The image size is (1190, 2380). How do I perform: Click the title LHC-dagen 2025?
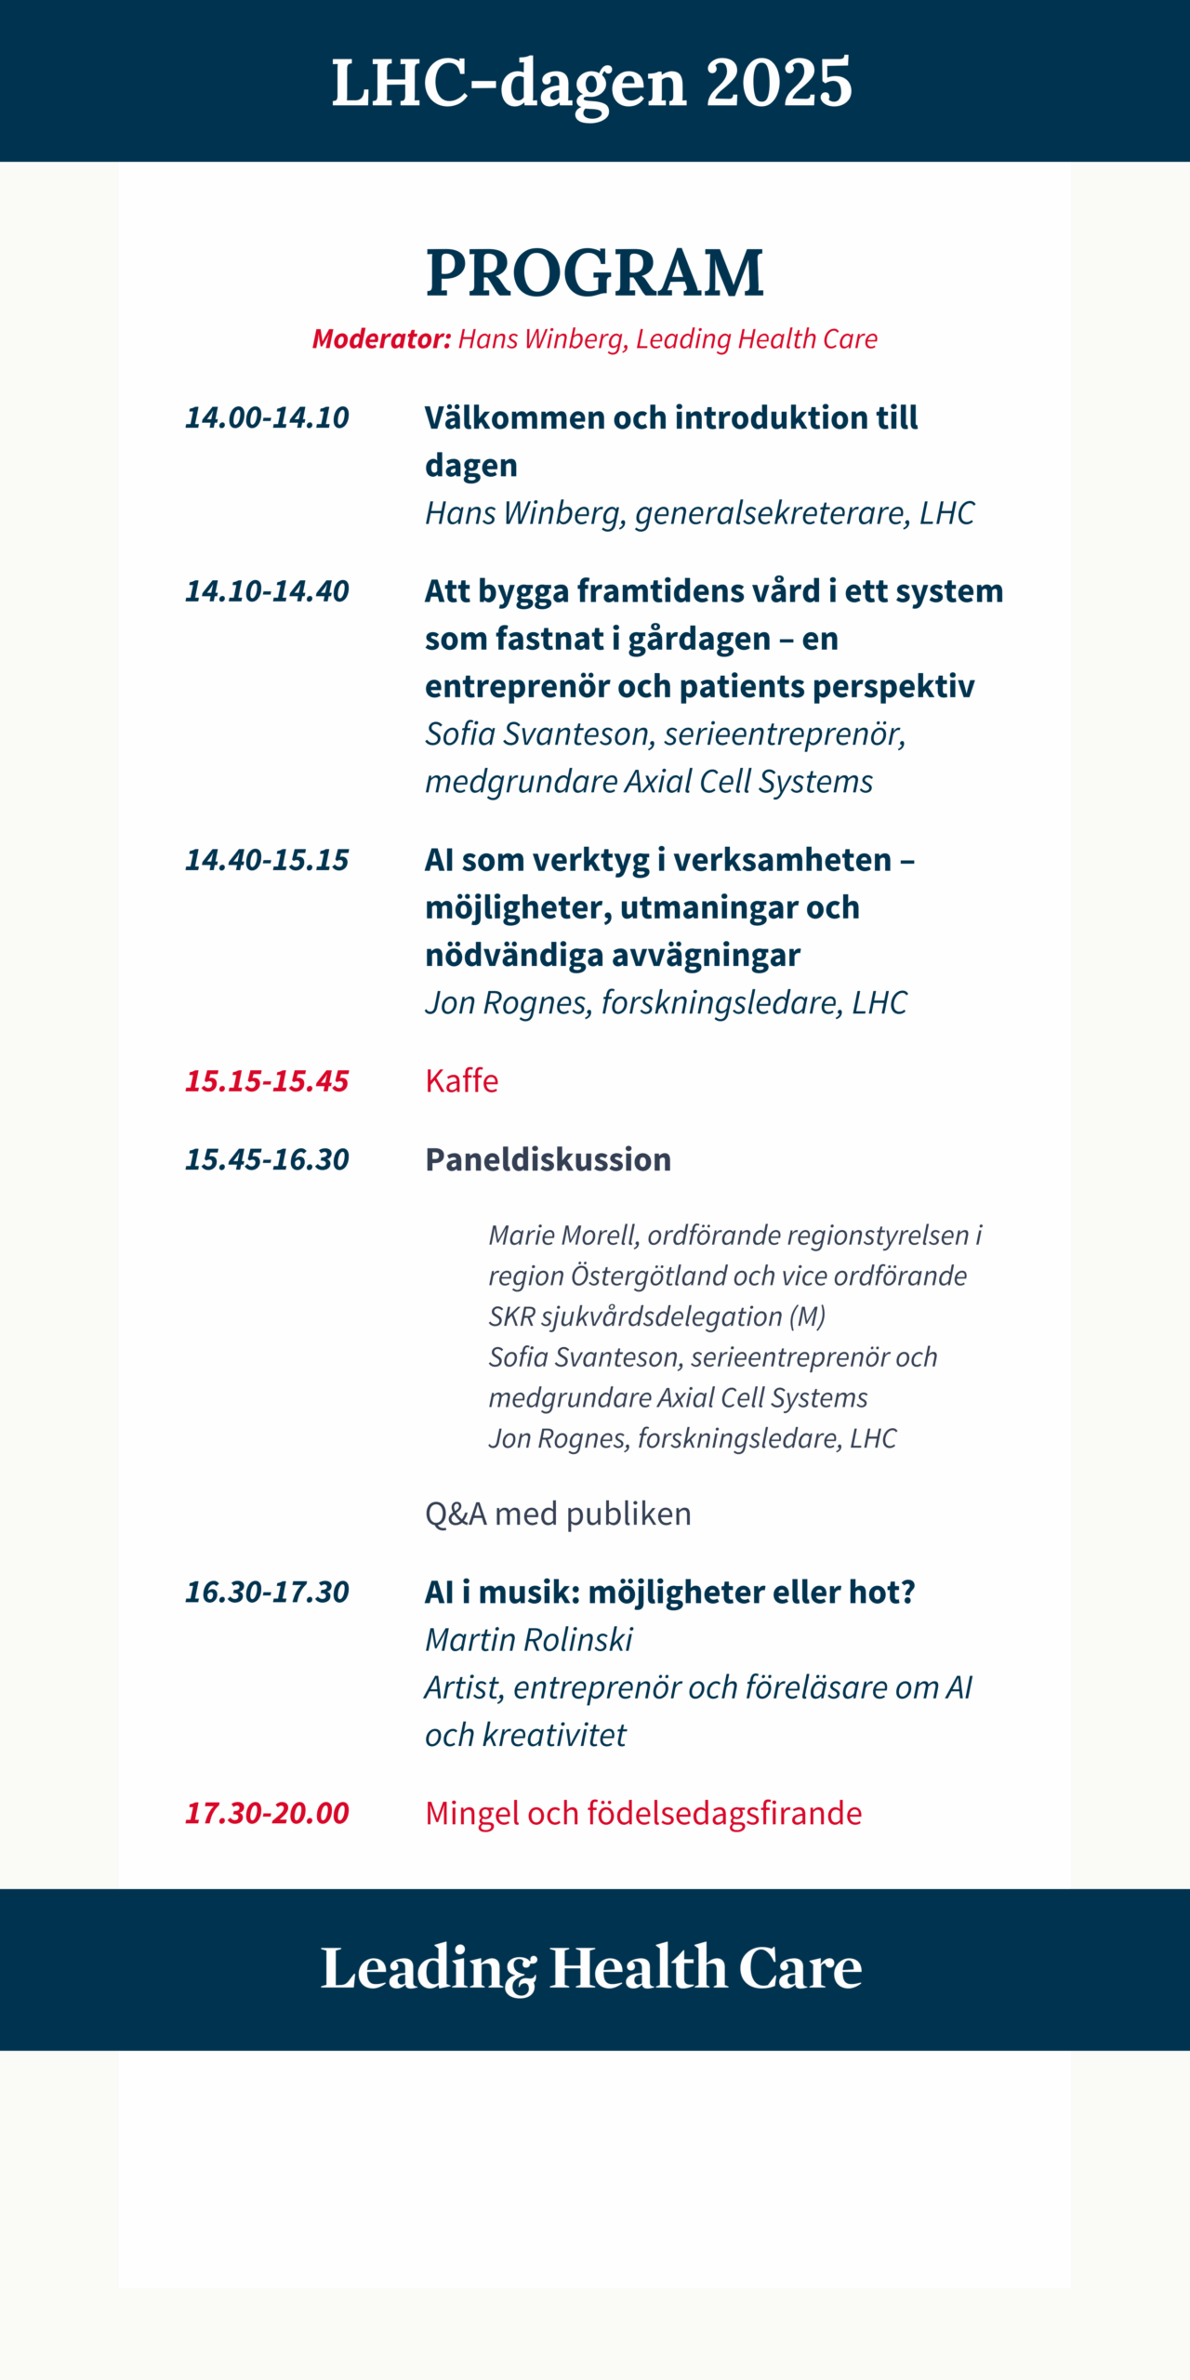coord(591,83)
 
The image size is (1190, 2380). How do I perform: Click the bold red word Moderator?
coord(381,339)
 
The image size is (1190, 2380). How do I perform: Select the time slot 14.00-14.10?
coord(267,417)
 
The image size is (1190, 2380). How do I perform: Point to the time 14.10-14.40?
coord(267,591)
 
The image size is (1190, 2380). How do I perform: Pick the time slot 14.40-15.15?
coord(267,860)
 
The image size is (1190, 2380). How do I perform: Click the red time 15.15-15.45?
coord(267,1081)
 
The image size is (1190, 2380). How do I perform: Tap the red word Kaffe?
coord(461,1081)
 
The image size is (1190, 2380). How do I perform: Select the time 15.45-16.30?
coord(267,1159)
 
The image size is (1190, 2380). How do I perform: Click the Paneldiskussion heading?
coord(548,1159)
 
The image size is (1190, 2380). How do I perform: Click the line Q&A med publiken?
coord(558,1514)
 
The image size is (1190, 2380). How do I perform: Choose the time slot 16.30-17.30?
coord(267,1592)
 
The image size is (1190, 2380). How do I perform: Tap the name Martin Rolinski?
coord(528,1640)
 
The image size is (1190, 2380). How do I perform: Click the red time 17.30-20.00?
coord(267,1813)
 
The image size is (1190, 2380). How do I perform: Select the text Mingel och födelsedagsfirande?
coord(643,1813)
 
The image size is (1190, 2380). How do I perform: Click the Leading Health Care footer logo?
coord(591,1967)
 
